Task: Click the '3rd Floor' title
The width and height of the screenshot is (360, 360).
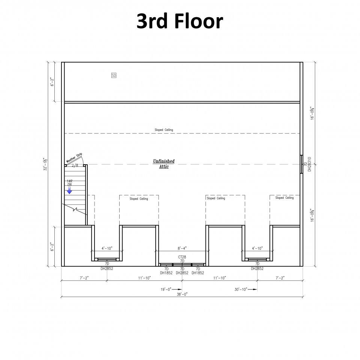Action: point(180,21)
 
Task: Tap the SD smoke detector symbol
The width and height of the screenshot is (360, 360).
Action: point(114,75)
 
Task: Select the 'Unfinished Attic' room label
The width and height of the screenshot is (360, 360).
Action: point(164,164)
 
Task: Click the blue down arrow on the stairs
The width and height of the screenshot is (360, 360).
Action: point(69,190)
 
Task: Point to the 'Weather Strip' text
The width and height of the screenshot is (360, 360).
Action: point(74,158)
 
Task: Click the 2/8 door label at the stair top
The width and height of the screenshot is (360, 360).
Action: point(75,165)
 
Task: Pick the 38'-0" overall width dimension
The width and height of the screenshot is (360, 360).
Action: point(182,294)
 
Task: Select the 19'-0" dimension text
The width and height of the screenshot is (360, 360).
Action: point(166,289)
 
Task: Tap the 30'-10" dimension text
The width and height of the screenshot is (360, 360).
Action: point(241,289)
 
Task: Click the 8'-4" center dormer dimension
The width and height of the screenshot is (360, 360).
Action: point(182,248)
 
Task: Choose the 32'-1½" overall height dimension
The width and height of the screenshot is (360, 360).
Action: point(45,164)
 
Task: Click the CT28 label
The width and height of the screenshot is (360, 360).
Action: point(182,257)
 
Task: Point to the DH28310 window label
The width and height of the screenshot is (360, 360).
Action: point(309,164)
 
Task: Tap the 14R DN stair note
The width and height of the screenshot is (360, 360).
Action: point(70,183)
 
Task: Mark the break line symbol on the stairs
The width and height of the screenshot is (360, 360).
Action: point(75,209)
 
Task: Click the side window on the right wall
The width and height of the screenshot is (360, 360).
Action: point(301,164)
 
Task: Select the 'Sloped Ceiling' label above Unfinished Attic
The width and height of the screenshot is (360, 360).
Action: point(164,130)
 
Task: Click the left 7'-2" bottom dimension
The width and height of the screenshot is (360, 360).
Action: point(84,278)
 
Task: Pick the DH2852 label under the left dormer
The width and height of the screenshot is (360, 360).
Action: point(107,268)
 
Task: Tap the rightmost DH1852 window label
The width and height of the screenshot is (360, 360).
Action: point(198,273)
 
